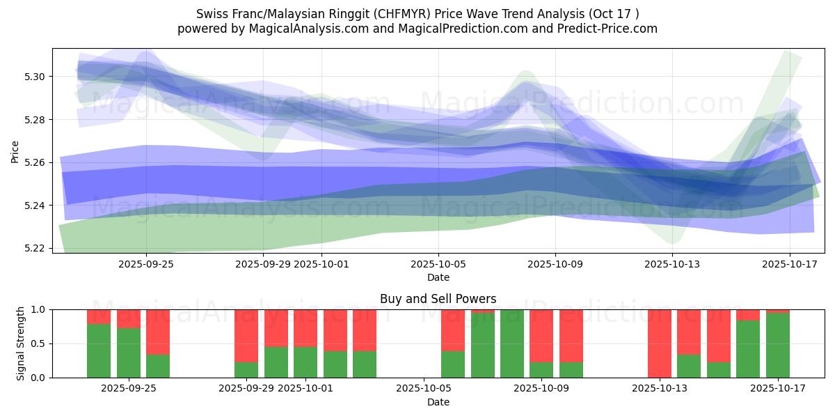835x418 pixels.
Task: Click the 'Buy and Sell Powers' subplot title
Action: pos(438,299)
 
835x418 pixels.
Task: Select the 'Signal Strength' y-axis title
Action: pos(21,343)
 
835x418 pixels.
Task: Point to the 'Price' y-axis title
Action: pos(15,151)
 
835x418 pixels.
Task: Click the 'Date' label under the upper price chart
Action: pos(438,277)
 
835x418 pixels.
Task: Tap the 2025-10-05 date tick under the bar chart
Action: pos(424,389)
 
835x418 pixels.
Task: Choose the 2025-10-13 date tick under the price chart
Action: pos(672,264)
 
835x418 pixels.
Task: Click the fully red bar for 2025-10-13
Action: pos(659,343)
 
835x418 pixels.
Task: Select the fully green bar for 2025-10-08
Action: pos(512,343)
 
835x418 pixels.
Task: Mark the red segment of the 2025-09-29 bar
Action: pos(246,336)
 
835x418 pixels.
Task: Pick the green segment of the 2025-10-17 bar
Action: pos(777,346)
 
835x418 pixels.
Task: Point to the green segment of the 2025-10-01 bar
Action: pos(305,362)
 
